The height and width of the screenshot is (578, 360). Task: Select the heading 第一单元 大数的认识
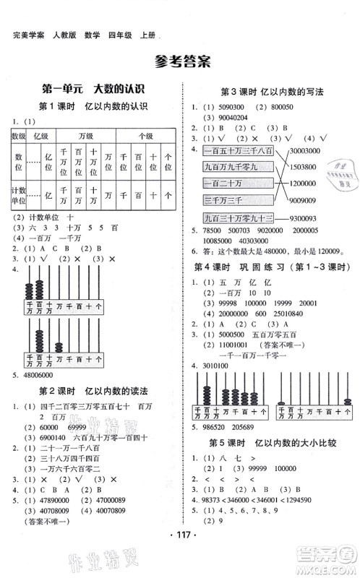93,90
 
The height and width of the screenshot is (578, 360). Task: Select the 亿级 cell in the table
40,134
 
